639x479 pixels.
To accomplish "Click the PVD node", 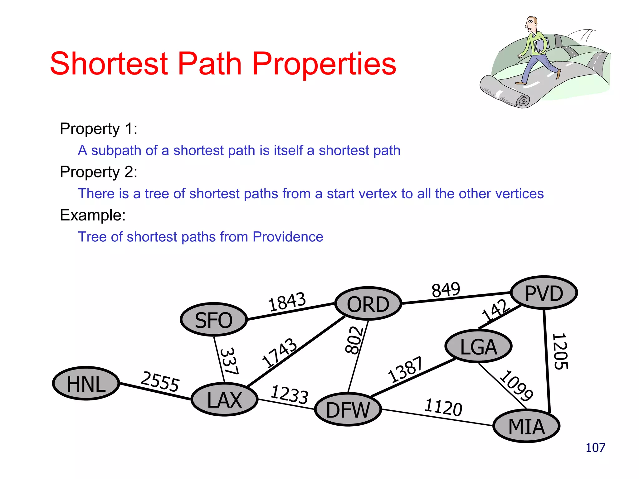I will pyautogui.click(x=544, y=293).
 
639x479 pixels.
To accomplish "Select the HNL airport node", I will pyautogui.click(x=86, y=384).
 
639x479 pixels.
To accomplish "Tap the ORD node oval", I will pyautogui.click(x=368, y=304).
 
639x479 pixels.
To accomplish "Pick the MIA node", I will pyautogui.click(x=526, y=426).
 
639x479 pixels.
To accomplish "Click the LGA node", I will pyautogui.click(x=478, y=346).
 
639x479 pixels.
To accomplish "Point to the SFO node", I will pyautogui.click(x=214, y=320).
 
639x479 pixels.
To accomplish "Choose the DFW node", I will pyautogui.click(x=348, y=409).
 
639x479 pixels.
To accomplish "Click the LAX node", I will pyautogui.click(x=224, y=400).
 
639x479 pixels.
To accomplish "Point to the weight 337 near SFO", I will pyautogui.click(x=230, y=361).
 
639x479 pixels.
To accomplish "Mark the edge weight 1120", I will pyautogui.click(x=443, y=407).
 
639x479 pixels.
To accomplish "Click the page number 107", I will pyautogui.click(x=595, y=448).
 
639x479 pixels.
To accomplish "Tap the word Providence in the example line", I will pyautogui.click(x=288, y=237).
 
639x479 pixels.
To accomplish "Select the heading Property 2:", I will pyautogui.click(x=99, y=172).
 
